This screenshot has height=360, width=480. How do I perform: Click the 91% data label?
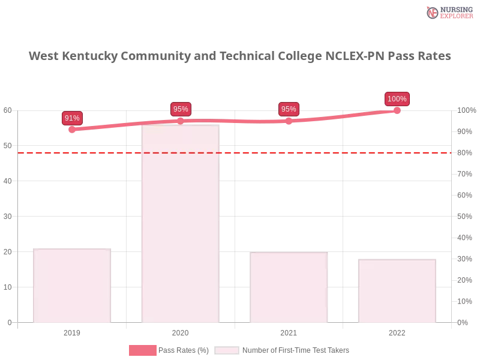[72, 118]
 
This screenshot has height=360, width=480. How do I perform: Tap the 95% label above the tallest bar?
[181, 109]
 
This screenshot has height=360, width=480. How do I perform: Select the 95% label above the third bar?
[289, 109]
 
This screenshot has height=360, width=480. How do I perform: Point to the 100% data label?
[397, 99]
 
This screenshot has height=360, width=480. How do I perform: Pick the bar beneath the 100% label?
[396, 290]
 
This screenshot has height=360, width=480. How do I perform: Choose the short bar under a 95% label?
[290, 288]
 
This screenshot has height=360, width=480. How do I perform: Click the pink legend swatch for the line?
[142, 350]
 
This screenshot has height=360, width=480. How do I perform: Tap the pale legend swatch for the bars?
[226, 350]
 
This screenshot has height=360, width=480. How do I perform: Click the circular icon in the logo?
[433, 13]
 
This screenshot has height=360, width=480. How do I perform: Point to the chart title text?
[240, 56]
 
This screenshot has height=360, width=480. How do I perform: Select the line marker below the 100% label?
[397, 110]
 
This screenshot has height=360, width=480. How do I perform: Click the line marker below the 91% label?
[72, 129]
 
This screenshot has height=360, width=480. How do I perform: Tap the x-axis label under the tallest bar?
[180, 331]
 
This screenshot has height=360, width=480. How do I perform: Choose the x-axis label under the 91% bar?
[72, 331]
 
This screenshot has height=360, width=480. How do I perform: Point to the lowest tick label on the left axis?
[8, 322]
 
